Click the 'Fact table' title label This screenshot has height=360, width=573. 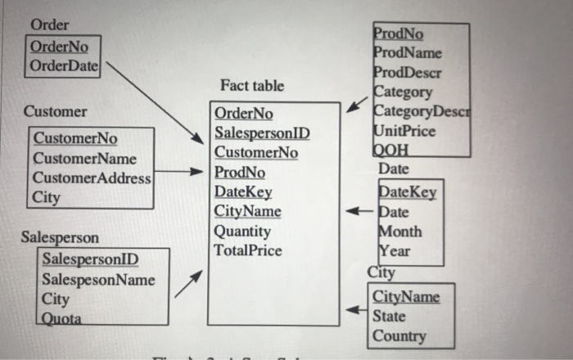252,86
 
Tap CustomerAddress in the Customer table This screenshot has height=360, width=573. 92,178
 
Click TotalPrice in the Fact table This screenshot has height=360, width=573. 246,250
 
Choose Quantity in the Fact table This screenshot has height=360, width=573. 241,232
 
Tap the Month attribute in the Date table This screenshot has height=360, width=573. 400,232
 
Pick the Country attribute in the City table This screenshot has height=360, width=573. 399,336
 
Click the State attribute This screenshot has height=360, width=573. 389,316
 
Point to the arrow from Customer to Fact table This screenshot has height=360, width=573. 177,173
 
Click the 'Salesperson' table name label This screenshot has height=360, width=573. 60,238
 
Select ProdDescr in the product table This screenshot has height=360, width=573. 408,73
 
